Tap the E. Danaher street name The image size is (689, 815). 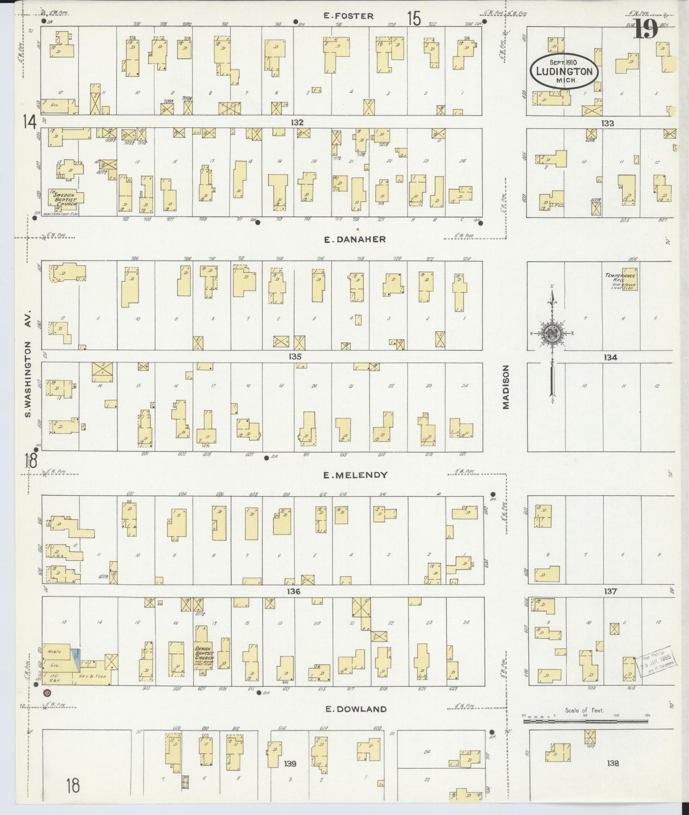coord(355,240)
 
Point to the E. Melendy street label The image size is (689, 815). coord(355,475)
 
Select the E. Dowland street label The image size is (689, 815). coord(355,709)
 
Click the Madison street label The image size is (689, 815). coord(505,387)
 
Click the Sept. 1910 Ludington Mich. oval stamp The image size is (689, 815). coord(564,71)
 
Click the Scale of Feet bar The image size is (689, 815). coord(585,722)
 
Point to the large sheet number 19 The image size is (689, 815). coord(646,30)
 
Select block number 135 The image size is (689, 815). coord(295,357)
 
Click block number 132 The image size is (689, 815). coord(297,122)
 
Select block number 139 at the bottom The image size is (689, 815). coord(290,764)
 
